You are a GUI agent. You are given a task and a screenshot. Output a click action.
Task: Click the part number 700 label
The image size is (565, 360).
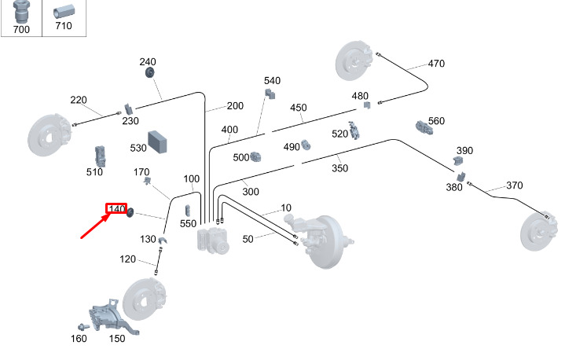point(21,29)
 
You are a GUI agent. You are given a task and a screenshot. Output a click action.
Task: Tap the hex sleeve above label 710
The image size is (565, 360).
point(64,12)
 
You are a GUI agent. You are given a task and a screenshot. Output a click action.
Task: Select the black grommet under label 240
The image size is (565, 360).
point(149,72)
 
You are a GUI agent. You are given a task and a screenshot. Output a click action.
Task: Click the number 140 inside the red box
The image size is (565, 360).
point(117,208)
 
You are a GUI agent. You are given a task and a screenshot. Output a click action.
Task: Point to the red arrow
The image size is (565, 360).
point(95,226)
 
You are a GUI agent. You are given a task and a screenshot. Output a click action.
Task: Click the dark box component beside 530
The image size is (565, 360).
point(157,142)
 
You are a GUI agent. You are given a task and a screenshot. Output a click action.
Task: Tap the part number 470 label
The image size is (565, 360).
point(436,64)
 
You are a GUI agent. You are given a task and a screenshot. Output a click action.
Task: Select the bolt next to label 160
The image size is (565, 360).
point(84,327)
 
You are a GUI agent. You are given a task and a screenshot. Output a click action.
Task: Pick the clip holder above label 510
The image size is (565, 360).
point(100,156)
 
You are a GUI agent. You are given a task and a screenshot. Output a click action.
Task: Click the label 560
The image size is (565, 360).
point(436,121)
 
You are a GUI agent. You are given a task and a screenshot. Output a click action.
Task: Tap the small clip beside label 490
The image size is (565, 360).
point(306,145)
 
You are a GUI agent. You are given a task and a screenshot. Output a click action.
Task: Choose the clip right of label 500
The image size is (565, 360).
point(255,156)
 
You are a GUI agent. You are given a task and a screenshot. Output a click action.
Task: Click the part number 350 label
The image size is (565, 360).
point(339,168)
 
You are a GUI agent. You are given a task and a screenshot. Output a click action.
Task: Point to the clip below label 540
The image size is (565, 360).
point(270,94)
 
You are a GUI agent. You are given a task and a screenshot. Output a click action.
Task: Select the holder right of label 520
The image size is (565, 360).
point(354,130)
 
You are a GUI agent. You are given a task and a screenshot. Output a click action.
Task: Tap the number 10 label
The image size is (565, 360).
point(286,208)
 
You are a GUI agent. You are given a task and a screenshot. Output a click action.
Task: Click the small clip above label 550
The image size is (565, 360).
point(187,211)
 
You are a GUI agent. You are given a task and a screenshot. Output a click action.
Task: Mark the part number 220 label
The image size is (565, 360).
point(79,100)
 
